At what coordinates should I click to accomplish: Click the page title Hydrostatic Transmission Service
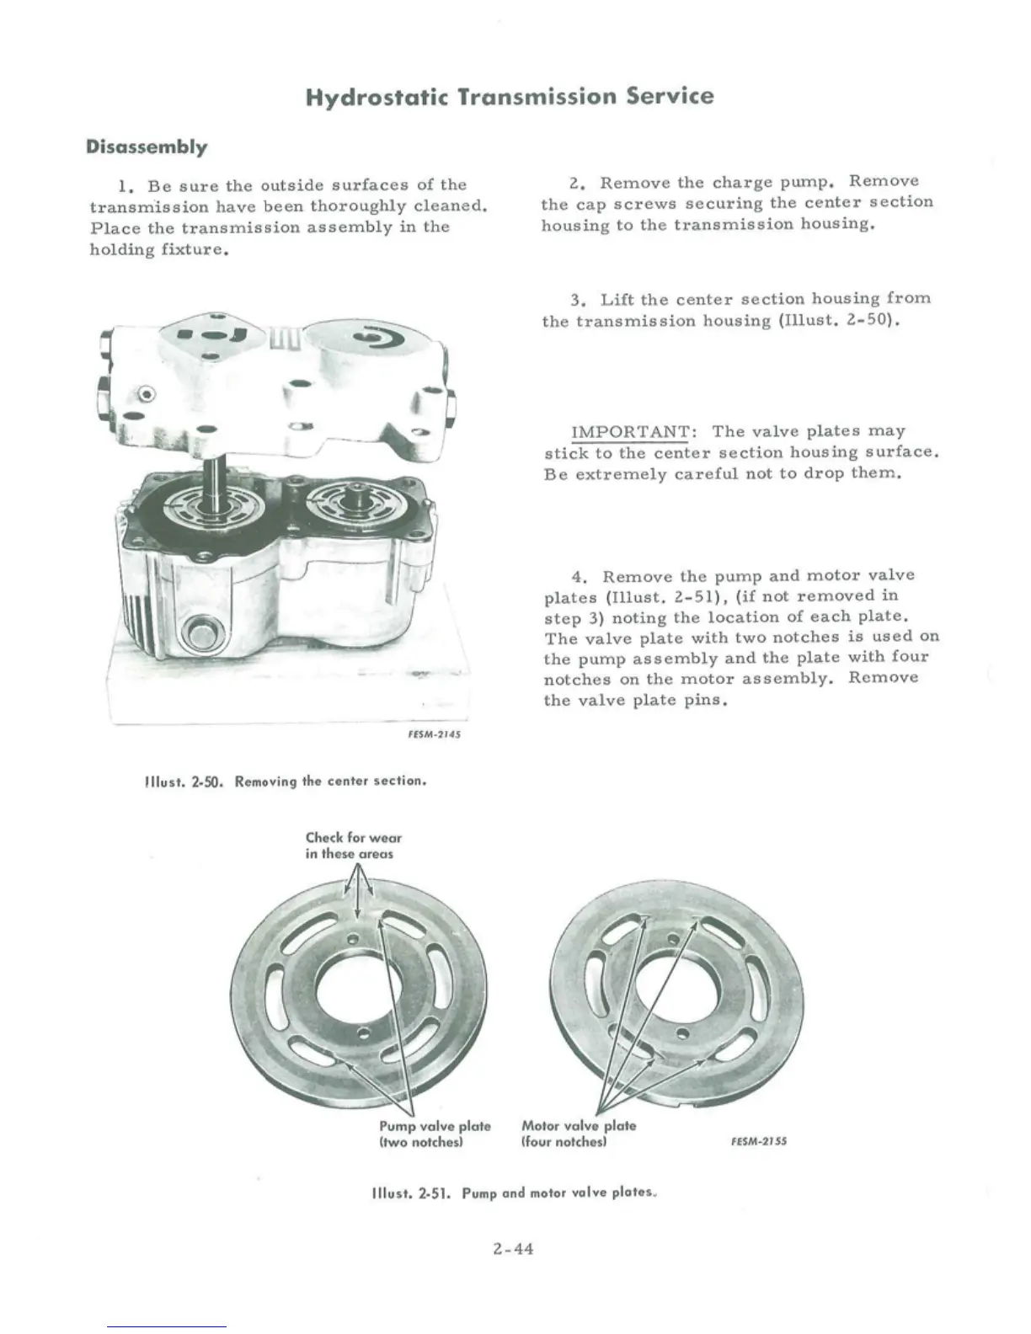click(x=509, y=96)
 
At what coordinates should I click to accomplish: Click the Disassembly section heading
click(x=147, y=147)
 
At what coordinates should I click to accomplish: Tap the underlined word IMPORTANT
click(x=630, y=432)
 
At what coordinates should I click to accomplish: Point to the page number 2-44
click(x=514, y=1249)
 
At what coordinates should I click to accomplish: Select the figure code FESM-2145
click(x=434, y=734)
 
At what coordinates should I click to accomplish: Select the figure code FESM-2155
click(x=759, y=1142)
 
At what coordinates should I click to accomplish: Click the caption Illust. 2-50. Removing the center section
click(x=286, y=782)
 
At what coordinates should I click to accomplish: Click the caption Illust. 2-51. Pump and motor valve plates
click(x=514, y=1193)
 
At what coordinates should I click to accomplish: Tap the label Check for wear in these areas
click(x=354, y=846)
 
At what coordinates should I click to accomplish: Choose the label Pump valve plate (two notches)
click(x=435, y=1134)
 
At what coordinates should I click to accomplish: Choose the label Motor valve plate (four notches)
click(x=579, y=1134)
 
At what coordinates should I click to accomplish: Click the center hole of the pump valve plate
click(x=358, y=985)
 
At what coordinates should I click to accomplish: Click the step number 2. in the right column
click(x=577, y=183)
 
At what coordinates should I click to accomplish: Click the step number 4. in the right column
click(x=580, y=578)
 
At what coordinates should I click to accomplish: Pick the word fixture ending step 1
click(x=198, y=250)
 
